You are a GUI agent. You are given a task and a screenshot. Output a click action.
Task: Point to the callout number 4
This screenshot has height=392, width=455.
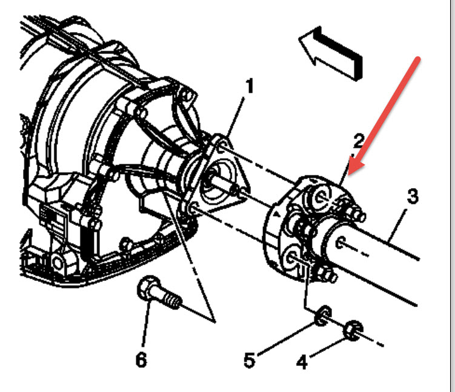click(x=302, y=362)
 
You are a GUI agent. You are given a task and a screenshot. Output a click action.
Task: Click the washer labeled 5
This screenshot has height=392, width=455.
click(x=324, y=314)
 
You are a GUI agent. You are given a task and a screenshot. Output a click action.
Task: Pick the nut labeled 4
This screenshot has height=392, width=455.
click(x=351, y=331)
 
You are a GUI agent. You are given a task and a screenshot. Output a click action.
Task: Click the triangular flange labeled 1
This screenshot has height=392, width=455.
click(x=216, y=182)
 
